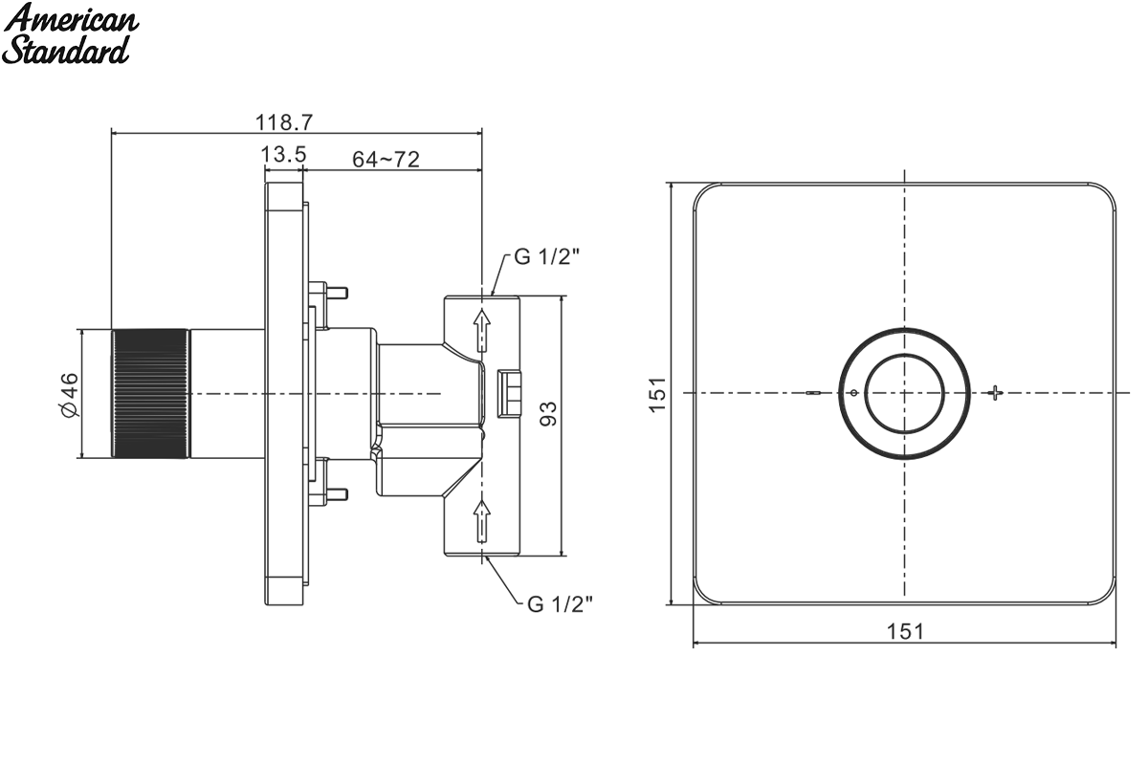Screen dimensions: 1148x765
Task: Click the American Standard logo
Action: click(x=70, y=33)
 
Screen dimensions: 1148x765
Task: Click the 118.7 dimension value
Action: click(x=284, y=122)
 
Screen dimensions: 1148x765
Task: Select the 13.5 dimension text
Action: click(x=283, y=154)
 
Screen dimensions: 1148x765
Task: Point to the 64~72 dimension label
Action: click(x=386, y=160)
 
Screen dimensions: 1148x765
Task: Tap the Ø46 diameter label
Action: click(x=70, y=395)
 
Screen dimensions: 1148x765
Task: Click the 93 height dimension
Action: click(x=548, y=413)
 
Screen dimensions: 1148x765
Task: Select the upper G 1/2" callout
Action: click(x=547, y=256)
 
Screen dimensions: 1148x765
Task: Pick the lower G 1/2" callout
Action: click(x=560, y=604)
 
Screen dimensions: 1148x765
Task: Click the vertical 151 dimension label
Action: click(x=657, y=394)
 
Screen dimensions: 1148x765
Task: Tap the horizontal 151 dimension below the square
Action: click(x=906, y=631)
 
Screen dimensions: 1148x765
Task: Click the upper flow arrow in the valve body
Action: click(x=482, y=331)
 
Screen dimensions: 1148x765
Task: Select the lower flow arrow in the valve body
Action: click(x=482, y=520)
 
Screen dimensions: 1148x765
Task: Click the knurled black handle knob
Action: click(x=150, y=394)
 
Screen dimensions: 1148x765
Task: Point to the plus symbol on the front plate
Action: click(x=995, y=393)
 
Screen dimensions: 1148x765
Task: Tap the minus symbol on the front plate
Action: click(x=813, y=394)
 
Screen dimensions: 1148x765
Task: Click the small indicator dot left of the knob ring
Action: click(x=853, y=393)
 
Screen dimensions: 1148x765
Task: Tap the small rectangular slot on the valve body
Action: click(x=509, y=394)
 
